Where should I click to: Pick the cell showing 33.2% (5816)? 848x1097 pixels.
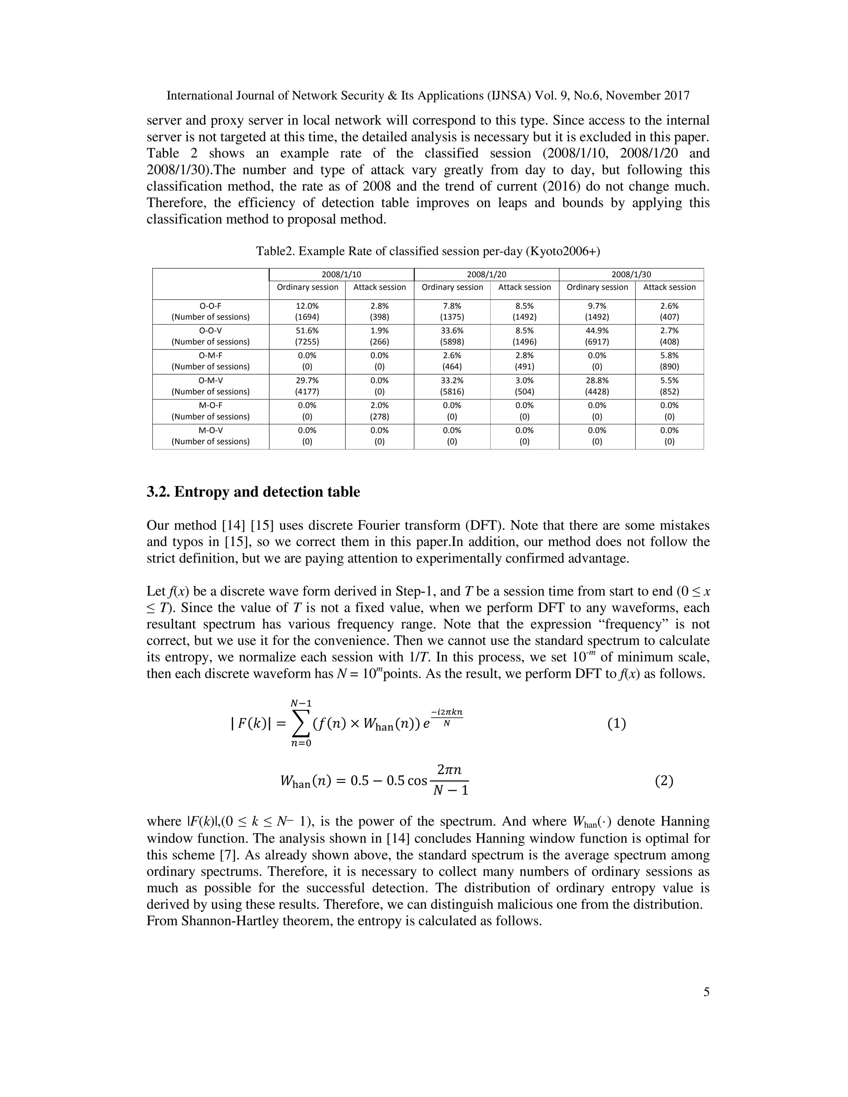tap(452, 386)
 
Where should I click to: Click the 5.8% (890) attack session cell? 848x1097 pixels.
tap(669, 361)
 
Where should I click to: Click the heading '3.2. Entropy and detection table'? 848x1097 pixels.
tap(253, 492)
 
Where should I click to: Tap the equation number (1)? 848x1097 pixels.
tap(617, 724)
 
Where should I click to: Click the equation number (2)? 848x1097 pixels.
tap(664, 781)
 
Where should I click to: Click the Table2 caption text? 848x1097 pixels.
tap(427, 251)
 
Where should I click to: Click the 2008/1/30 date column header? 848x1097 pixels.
tap(631, 274)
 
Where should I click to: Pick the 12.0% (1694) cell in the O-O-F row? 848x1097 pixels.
tap(307, 311)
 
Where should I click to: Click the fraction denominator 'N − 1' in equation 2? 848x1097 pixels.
tap(450, 791)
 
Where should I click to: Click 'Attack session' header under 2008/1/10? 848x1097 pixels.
tap(379, 287)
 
